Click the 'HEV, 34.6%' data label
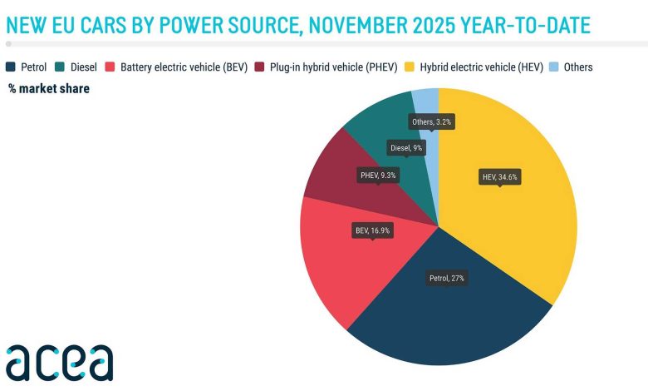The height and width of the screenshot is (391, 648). (499, 176)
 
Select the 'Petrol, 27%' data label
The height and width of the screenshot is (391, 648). (446, 279)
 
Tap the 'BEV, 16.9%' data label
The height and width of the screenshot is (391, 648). (371, 229)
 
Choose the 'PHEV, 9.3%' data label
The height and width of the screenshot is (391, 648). (378, 176)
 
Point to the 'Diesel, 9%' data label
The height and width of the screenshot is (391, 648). (406, 148)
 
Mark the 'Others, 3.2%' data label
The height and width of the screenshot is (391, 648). (433, 121)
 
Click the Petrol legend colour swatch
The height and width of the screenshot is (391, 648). (11, 67)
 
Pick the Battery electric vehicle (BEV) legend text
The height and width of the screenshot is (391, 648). (184, 67)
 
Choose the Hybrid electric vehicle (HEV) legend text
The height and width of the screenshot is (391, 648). (486, 67)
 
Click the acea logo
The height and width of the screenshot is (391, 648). (59, 362)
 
